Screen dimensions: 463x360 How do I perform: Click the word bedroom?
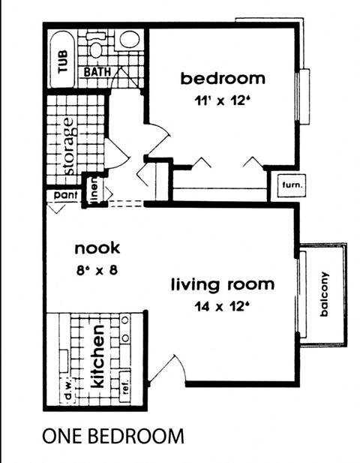pos(222,77)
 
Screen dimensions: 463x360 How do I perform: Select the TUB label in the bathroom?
pos(62,59)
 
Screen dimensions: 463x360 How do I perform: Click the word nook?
pos(97,248)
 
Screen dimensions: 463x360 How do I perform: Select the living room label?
pos(222,285)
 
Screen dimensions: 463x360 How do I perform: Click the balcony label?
pos(325,295)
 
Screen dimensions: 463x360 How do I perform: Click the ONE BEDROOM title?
pos(112,435)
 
